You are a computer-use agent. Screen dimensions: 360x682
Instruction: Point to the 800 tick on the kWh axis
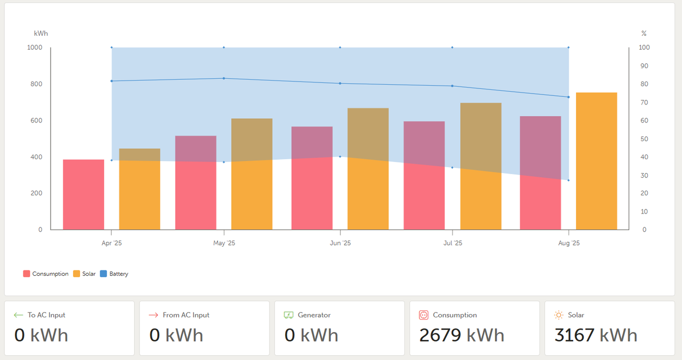point(36,84)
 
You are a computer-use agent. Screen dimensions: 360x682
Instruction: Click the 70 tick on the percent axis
point(644,102)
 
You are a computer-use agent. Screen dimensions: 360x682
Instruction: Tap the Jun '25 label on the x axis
point(340,243)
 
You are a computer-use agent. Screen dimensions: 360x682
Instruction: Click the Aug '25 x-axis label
point(569,243)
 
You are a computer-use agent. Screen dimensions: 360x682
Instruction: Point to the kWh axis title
point(41,34)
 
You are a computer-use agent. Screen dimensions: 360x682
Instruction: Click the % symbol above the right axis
point(644,34)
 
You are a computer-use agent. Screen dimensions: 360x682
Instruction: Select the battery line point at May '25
point(224,78)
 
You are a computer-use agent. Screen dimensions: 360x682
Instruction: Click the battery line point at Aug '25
point(569,97)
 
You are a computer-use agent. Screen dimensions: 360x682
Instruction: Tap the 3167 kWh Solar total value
point(596,335)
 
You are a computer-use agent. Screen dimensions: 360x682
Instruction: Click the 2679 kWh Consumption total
point(461,335)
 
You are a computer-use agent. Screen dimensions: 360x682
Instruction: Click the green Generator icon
point(289,315)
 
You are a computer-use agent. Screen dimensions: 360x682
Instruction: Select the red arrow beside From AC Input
point(153,315)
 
